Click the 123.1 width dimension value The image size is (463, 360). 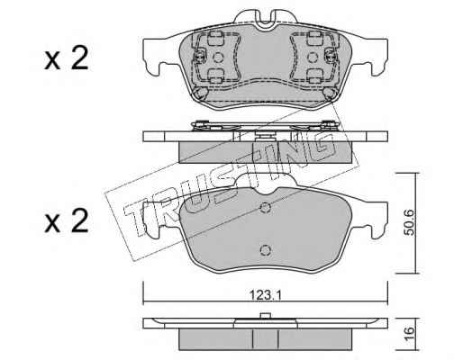(x=265, y=296)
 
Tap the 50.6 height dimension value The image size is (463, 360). (x=410, y=222)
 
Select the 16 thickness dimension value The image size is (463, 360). (x=410, y=332)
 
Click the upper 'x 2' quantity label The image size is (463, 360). (x=67, y=58)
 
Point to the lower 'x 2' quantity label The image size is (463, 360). (x=67, y=221)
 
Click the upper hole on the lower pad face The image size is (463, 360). (x=266, y=207)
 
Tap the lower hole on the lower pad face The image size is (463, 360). (x=266, y=250)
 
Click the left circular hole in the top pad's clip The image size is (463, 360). (x=218, y=57)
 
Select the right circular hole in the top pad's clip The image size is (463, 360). (x=313, y=57)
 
